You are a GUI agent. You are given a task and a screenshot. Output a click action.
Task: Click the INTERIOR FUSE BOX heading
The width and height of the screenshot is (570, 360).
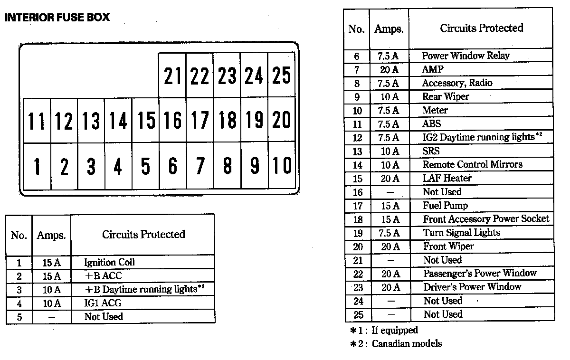[x=57, y=17]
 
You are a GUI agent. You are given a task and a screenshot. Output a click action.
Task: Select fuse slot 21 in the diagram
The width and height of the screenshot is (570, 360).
[x=172, y=75]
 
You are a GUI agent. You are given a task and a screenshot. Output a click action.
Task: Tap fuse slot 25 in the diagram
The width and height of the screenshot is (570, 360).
[x=281, y=75]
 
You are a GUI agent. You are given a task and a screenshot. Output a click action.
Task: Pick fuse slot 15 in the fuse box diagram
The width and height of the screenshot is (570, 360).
[x=145, y=120]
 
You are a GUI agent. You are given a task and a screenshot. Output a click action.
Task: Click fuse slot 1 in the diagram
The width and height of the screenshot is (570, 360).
[x=37, y=166]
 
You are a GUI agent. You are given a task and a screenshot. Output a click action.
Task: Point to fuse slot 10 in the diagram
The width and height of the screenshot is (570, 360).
[x=282, y=165]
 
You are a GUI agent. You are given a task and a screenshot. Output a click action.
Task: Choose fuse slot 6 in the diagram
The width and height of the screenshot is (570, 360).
[x=173, y=166]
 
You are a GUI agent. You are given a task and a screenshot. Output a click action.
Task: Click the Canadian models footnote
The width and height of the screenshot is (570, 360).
[x=396, y=344]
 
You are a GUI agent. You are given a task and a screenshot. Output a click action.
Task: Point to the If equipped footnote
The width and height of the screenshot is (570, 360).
[x=384, y=330]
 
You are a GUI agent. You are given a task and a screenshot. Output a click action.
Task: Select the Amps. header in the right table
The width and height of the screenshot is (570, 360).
[x=389, y=29]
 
